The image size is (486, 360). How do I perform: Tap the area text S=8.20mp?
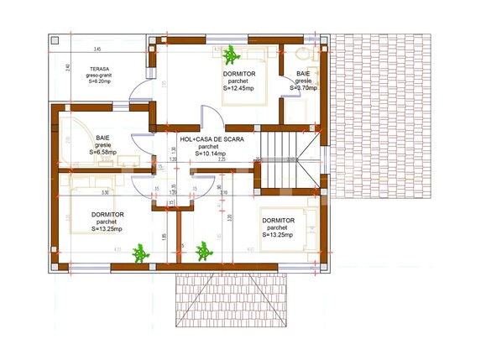coord(100,81)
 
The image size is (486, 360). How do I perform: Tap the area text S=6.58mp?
coord(103,152)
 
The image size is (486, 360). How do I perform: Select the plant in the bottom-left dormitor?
coord(202,250)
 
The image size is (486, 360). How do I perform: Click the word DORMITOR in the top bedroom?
coord(239,74)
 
